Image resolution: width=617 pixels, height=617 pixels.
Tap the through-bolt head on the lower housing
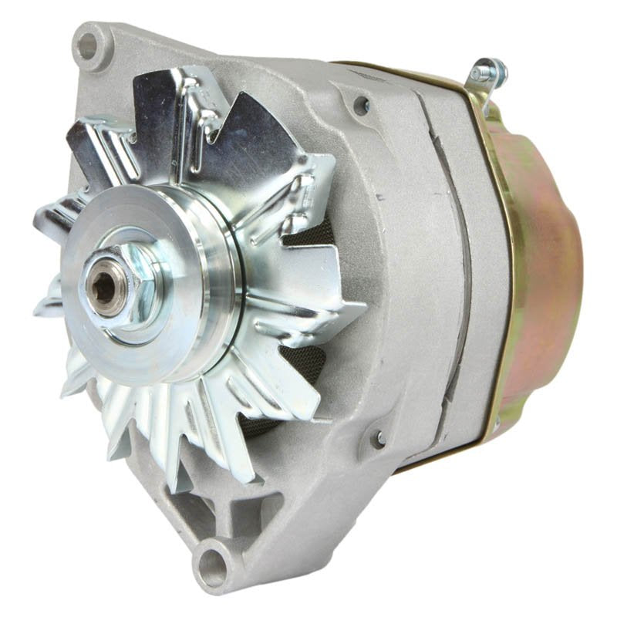[379, 439]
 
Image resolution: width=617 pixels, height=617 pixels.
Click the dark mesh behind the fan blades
[305, 362]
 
